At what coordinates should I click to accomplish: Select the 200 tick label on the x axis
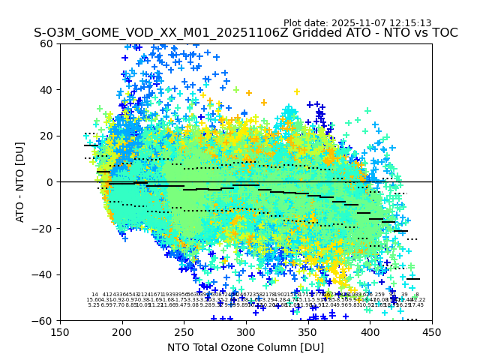coord(122,332)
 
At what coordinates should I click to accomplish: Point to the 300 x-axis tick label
coord(246,332)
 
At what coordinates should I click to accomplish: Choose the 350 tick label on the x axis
coord(308,332)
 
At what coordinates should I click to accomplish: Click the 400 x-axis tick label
coord(370,332)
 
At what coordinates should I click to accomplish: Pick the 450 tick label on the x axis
coord(432,332)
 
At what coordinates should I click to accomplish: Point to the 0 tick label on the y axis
coord(51,182)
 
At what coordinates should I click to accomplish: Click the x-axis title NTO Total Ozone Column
coord(246,347)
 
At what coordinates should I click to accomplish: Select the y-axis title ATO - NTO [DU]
coord(21,182)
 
